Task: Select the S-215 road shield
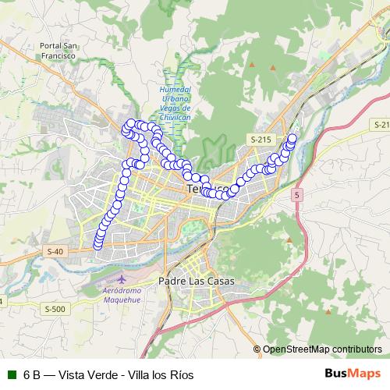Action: click(261, 139)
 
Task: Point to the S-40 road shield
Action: click(55, 251)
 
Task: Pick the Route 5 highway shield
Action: click(297, 193)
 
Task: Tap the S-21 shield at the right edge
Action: click(381, 125)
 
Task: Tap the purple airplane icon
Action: click(120, 278)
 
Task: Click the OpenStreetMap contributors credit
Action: click(322, 349)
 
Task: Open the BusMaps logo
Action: click(353, 374)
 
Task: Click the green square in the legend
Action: click(11, 374)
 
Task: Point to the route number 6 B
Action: click(33, 374)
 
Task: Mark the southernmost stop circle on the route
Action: click(98, 245)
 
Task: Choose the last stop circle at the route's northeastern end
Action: click(292, 139)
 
